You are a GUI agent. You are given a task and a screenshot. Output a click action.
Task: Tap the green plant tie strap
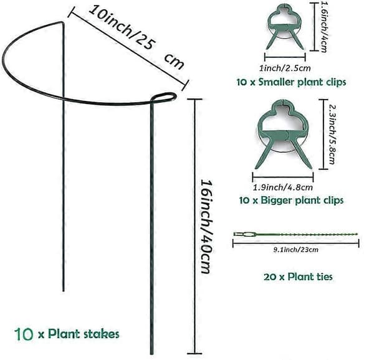click(x=295, y=234)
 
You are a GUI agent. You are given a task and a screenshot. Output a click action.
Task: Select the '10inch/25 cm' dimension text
click(x=137, y=37)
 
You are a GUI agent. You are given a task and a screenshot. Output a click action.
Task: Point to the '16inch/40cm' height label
click(x=206, y=226)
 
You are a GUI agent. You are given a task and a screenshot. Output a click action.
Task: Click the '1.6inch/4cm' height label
click(x=324, y=27)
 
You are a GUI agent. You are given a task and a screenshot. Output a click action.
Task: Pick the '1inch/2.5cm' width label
click(x=285, y=69)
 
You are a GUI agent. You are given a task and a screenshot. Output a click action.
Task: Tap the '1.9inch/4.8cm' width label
click(x=283, y=187)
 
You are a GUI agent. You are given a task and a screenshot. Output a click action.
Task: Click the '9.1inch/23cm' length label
click(x=295, y=250)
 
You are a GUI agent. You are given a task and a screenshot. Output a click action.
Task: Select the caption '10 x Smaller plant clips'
click(x=291, y=82)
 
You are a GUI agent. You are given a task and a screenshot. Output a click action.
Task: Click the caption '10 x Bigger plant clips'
click(x=291, y=200)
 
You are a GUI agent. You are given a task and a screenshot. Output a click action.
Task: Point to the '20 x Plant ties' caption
click(x=298, y=277)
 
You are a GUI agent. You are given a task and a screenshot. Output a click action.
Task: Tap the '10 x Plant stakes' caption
click(x=67, y=334)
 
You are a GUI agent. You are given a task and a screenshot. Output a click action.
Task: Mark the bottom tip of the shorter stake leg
click(x=63, y=291)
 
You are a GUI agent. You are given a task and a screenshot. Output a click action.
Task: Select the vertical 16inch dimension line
click(x=195, y=226)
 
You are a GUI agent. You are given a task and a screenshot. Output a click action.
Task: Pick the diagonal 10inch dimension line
click(x=128, y=49)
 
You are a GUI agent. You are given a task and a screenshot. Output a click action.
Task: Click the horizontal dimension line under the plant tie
click(x=295, y=244)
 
